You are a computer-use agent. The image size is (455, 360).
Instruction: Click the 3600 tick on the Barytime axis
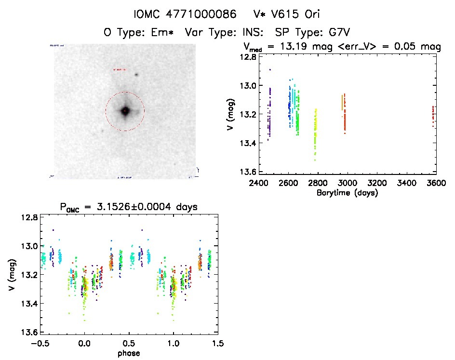(x=436, y=184)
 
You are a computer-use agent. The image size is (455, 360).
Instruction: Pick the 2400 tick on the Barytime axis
(x=259, y=184)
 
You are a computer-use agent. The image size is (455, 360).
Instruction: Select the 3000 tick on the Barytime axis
(x=348, y=184)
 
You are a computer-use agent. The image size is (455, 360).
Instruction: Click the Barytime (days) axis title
(x=347, y=193)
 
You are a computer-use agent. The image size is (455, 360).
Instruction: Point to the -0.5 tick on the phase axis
(x=38, y=344)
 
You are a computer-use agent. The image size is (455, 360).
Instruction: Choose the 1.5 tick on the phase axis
(x=218, y=344)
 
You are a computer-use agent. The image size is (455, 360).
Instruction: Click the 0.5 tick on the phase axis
(x=128, y=344)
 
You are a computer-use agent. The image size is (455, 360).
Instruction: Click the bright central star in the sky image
(x=125, y=111)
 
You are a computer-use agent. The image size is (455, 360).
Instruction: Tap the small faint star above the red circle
(x=137, y=75)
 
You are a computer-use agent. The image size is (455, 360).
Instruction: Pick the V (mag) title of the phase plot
(x=11, y=275)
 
